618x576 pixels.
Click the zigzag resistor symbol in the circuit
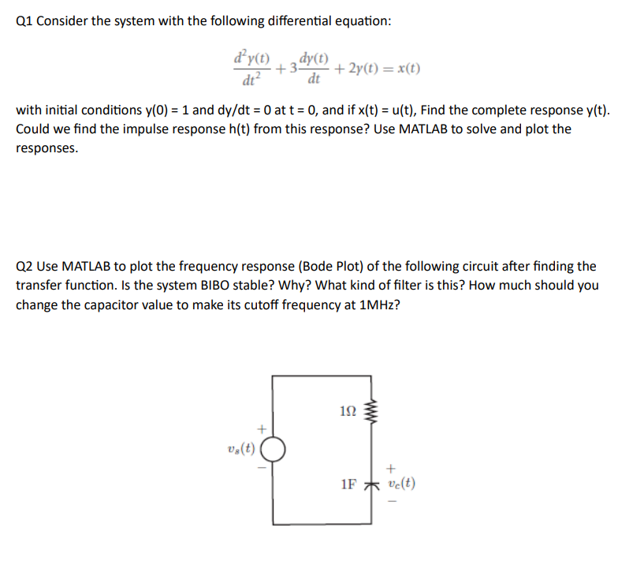(374, 411)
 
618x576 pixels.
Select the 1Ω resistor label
(348, 410)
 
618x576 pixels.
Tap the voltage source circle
(273, 451)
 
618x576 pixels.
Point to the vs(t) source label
(240, 450)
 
